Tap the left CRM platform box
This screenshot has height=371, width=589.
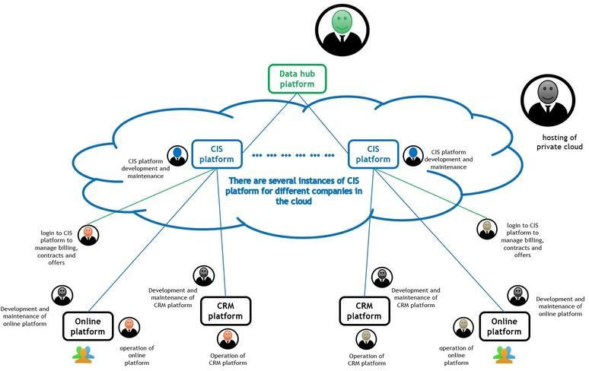coord(225,311)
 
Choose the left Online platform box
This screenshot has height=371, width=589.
coord(88,326)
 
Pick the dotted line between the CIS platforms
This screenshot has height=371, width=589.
coord(293,155)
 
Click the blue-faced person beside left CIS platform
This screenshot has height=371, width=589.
coord(178,156)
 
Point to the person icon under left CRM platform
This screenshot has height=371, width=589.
coord(226,338)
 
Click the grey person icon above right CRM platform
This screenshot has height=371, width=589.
coord(382,276)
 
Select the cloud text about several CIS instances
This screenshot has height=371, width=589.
coord(294,191)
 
